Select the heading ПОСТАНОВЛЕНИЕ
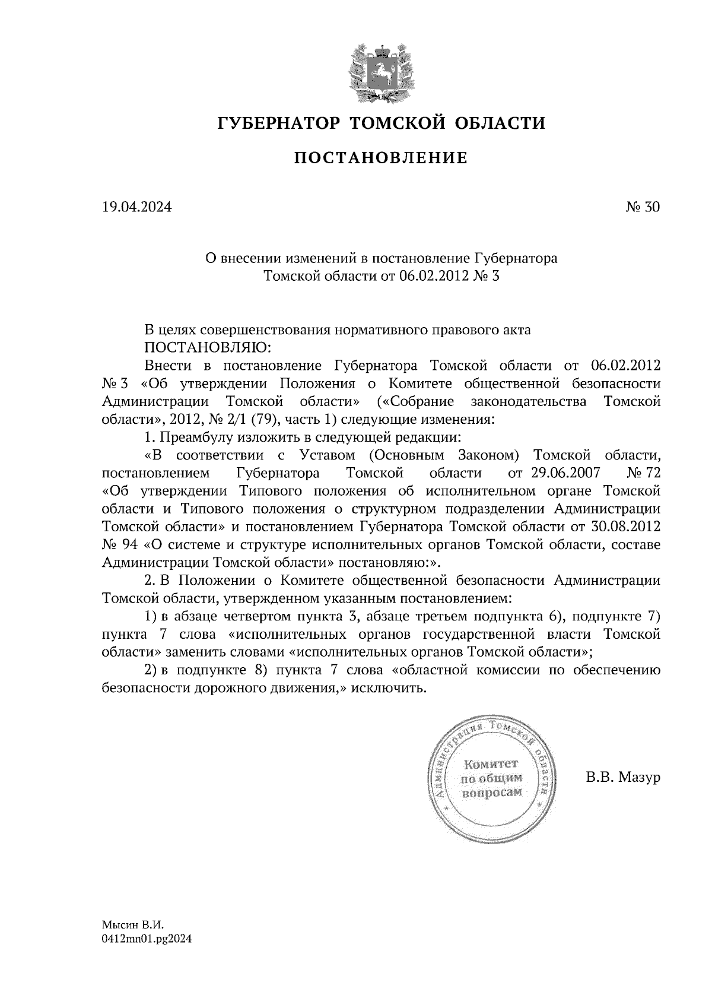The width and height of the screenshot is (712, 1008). (381, 158)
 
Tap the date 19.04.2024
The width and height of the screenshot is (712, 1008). (136, 207)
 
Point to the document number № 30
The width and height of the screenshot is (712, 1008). (643, 207)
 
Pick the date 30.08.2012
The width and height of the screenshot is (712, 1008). (627, 527)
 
